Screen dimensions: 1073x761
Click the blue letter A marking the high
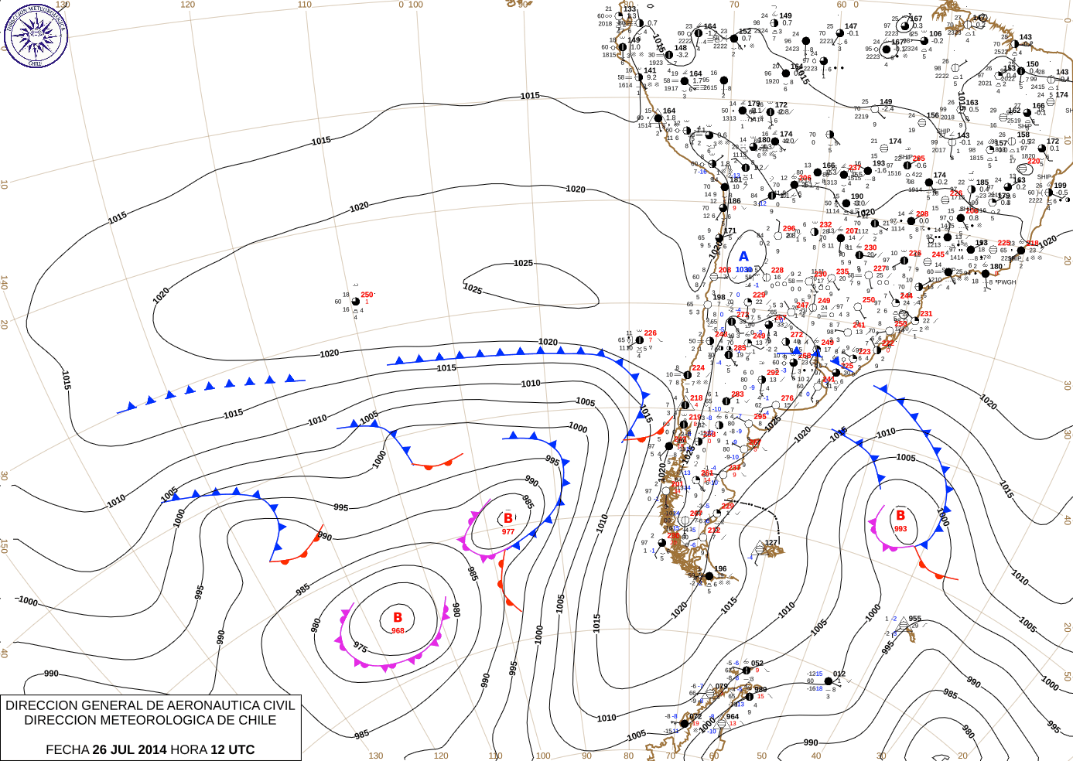pos(743,257)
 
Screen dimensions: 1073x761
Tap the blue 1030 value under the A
pos(743,270)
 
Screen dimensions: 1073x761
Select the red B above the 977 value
pos(508,518)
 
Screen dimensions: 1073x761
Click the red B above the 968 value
pos(398,617)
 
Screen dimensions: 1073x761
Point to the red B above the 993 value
pos(900,515)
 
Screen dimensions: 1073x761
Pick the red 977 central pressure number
pos(508,531)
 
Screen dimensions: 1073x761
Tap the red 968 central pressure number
pos(398,630)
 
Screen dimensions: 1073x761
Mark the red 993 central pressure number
pos(900,529)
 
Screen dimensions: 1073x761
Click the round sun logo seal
pos(36,35)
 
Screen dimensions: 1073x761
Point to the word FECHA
pos(67,749)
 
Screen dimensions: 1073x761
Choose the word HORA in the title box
pos(189,749)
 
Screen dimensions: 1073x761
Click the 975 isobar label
pos(361,647)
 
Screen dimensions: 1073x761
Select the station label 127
pos(771,543)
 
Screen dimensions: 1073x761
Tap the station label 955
pos(915,619)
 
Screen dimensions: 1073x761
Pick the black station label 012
pos(839,674)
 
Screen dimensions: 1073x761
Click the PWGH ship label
pos(1006,282)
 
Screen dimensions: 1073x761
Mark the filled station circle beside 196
pos(709,576)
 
